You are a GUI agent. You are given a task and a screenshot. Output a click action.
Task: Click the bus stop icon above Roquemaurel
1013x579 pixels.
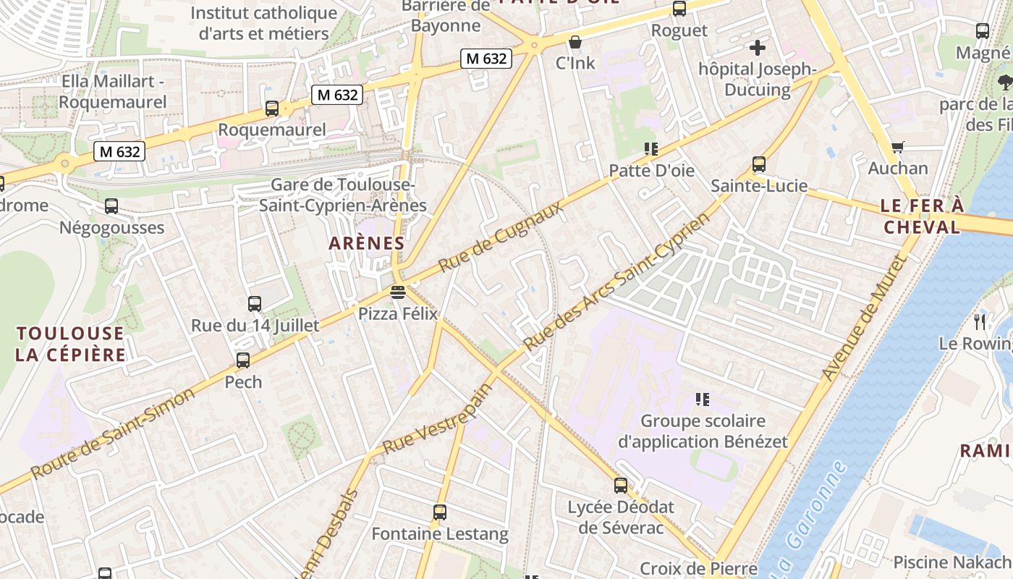[x=272, y=109]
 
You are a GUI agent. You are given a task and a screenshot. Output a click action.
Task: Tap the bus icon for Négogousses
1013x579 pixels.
[x=111, y=206]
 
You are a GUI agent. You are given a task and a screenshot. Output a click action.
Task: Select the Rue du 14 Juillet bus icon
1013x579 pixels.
[x=255, y=304]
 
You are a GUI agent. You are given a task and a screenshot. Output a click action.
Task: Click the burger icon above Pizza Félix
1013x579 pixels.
[x=397, y=292]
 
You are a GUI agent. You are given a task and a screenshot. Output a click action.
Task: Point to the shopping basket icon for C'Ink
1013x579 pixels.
[x=575, y=42]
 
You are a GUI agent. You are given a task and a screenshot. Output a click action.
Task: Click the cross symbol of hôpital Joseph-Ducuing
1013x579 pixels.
[x=758, y=48]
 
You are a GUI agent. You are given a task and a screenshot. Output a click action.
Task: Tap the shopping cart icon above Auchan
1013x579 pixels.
[x=898, y=147]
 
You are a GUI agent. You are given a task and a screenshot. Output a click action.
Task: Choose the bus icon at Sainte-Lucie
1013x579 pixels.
[x=759, y=164]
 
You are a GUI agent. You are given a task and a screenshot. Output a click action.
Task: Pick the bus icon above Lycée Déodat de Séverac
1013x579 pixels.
[x=621, y=486]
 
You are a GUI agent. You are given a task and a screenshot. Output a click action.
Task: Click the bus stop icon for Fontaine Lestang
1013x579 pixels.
[x=440, y=512]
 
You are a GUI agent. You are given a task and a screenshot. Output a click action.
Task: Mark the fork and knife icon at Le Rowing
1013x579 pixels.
[x=980, y=321]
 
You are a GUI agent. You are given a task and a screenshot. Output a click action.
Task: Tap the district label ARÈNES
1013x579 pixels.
[x=366, y=243]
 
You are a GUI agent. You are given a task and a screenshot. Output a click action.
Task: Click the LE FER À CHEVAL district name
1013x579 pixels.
[x=922, y=216]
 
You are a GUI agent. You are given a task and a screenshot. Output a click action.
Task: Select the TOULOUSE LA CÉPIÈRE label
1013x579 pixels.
[x=71, y=344]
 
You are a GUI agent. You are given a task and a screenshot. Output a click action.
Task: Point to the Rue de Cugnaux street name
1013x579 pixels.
[x=501, y=237]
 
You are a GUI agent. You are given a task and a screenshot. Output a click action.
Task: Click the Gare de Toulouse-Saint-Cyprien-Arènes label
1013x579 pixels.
[x=343, y=195]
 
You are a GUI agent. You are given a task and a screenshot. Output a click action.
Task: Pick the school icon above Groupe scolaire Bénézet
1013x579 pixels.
[x=701, y=399]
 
